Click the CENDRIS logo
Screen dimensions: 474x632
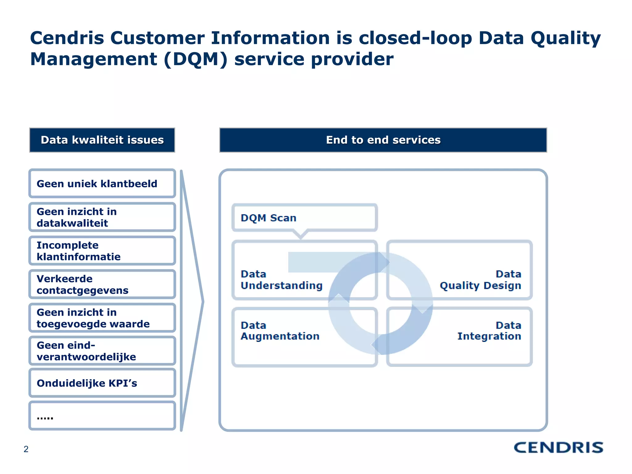(x=558, y=447)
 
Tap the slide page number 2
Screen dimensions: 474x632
(x=26, y=449)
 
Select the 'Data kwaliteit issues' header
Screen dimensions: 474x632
(x=102, y=140)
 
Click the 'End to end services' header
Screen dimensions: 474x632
(x=383, y=140)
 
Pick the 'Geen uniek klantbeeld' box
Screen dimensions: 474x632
(x=102, y=184)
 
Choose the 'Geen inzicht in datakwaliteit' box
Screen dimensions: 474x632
(x=102, y=217)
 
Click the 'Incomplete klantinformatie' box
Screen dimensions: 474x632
(x=102, y=251)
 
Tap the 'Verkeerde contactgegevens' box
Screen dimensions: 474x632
(x=102, y=285)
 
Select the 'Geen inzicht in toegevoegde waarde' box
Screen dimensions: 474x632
(x=102, y=318)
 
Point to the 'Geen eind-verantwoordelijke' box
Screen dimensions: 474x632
(x=102, y=351)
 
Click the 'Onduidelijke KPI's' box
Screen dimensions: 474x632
(x=102, y=383)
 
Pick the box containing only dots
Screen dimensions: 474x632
(x=102, y=416)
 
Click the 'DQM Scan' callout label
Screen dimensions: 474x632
(x=268, y=218)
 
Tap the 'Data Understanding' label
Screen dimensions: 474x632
(x=281, y=280)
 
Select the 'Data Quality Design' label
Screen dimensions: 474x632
(x=480, y=280)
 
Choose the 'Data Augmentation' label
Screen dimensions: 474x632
(x=280, y=331)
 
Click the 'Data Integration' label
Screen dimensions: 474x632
(x=489, y=331)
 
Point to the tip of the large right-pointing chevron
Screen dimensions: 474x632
(x=203, y=301)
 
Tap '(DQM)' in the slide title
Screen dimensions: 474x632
(x=195, y=59)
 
